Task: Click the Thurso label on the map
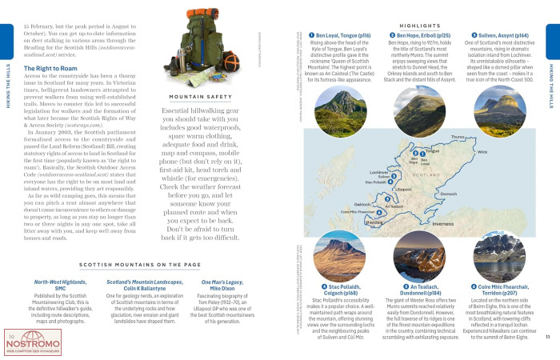(x=458, y=137)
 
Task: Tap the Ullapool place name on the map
(x=404, y=189)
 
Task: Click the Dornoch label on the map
(x=448, y=194)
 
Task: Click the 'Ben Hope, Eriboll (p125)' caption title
(x=419, y=36)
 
